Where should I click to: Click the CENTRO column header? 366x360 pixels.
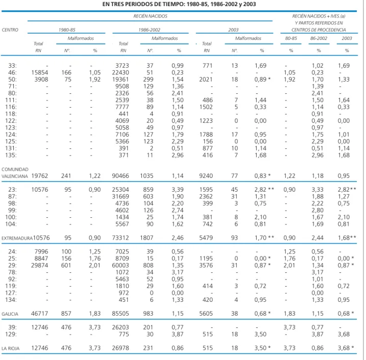10,30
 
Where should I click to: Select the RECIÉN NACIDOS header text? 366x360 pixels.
150,16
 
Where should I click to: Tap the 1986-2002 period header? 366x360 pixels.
149,30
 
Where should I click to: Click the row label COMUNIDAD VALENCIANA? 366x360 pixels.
15,173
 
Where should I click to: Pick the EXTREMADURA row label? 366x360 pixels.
17,238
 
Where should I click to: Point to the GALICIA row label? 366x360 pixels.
10,314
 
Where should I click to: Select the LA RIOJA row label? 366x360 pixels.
11,348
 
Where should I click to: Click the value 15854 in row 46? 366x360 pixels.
40,72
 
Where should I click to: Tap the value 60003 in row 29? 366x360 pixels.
120,265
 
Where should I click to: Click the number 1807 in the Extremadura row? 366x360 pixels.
147,238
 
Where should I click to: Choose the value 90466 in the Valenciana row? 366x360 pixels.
120,176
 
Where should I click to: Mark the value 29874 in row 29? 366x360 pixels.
40,265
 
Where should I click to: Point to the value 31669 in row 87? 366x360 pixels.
120,196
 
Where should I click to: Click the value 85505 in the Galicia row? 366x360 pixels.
120,314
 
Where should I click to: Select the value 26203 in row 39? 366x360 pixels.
120,327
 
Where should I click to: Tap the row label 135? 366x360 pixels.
11,156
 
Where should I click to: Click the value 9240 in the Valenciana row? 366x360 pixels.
206,176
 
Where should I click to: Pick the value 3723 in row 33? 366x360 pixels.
122,66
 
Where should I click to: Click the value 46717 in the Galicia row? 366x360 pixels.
40,314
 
